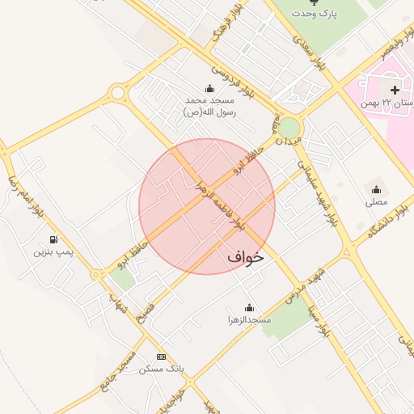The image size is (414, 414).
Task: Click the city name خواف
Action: pos(246,257)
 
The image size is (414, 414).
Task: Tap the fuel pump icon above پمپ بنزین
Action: pos(53,239)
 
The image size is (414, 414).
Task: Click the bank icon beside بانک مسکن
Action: pos(161,357)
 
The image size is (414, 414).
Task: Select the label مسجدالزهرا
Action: pos(248,320)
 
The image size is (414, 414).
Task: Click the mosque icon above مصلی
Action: pos(376,189)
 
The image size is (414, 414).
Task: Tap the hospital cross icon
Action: pos(394,89)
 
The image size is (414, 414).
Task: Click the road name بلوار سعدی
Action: pos(311,53)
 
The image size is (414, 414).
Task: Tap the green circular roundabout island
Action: pos(289,128)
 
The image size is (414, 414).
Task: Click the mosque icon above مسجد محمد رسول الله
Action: pos(210,88)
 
